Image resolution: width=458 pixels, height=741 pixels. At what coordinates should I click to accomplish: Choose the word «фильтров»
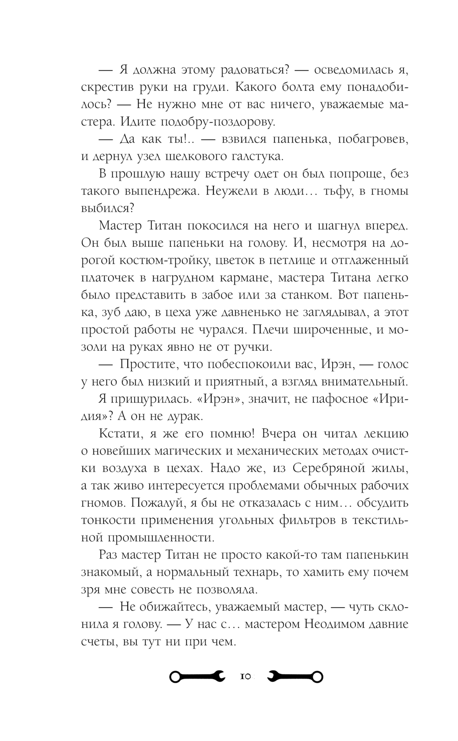click(308, 520)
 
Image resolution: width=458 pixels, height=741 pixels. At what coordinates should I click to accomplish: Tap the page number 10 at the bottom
click(245, 676)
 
